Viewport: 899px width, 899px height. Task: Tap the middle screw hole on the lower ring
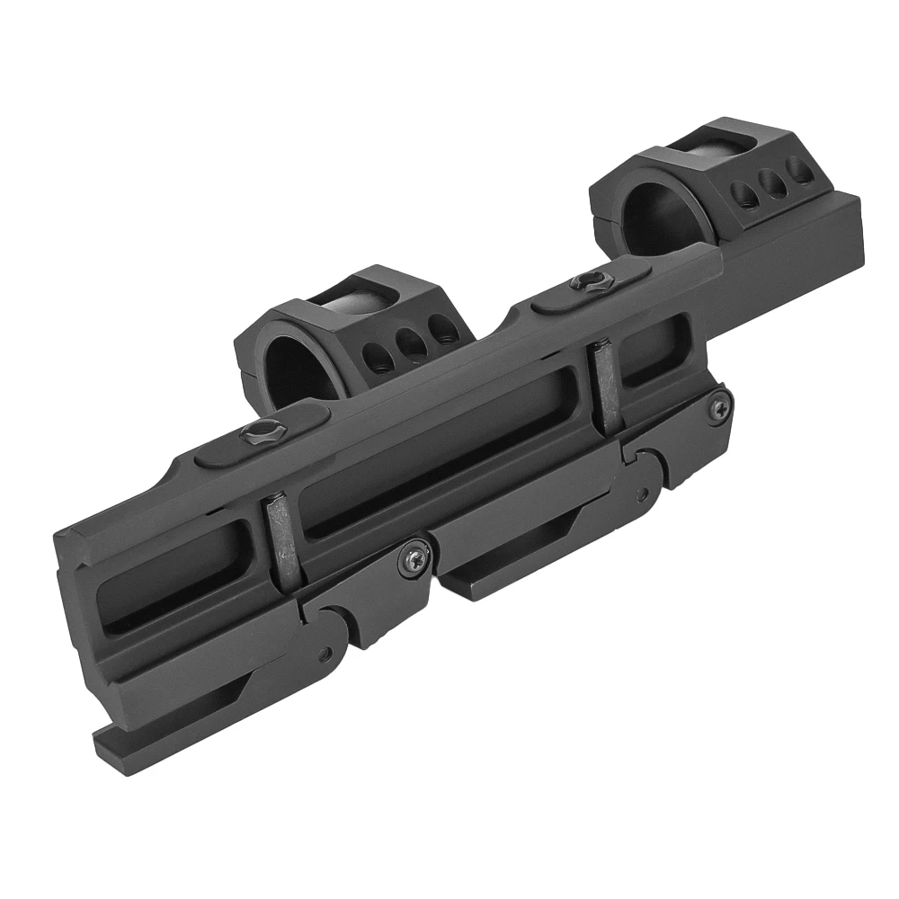409,341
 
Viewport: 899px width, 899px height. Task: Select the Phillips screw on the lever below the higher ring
717,409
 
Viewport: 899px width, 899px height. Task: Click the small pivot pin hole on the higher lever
640,494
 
